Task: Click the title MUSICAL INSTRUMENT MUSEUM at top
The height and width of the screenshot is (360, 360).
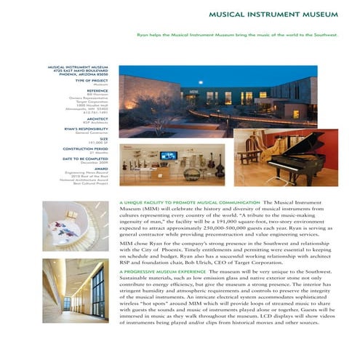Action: click(x=273, y=15)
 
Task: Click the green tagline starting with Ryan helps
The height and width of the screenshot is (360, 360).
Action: click(x=238, y=35)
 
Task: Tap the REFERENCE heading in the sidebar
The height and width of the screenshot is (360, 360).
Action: click(x=97, y=90)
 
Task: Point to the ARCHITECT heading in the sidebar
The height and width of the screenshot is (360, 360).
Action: click(x=97, y=118)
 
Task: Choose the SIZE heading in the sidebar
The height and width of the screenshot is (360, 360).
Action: click(x=104, y=138)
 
